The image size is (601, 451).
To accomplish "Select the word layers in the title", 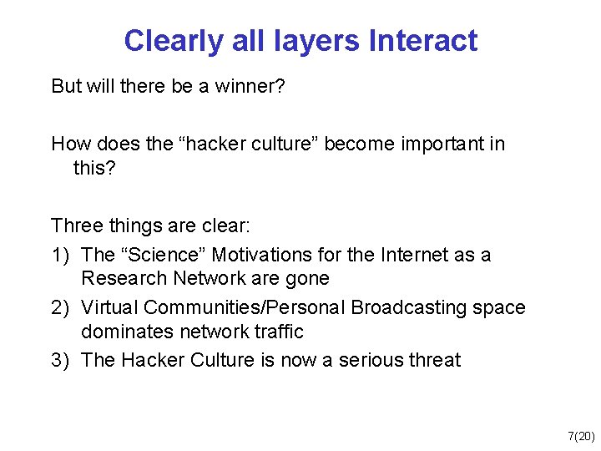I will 318,41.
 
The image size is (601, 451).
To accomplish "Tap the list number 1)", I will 62,255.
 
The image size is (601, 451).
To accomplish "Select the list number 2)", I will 62,307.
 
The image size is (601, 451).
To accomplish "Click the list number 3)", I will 62,360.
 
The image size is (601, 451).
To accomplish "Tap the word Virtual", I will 108,307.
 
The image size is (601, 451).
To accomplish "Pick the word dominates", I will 121,332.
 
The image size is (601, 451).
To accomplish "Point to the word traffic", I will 276,332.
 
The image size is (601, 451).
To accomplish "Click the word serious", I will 374,360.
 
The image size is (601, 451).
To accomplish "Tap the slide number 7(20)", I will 581,436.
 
